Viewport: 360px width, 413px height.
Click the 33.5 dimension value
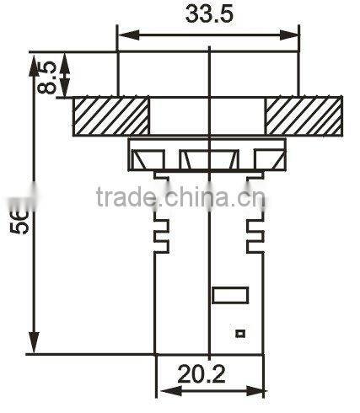pyautogui.click(x=207, y=15)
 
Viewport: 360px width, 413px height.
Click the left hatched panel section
pyautogui.click(x=111, y=116)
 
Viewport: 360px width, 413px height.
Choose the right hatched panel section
pyautogui.click(x=304, y=116)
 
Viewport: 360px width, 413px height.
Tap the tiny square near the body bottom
pyautogui.click(x=240, y=334)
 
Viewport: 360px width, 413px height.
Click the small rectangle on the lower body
pyautogui.click(x=230, y=295)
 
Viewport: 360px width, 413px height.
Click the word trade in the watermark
pyautogui.click(x=126, y=198)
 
